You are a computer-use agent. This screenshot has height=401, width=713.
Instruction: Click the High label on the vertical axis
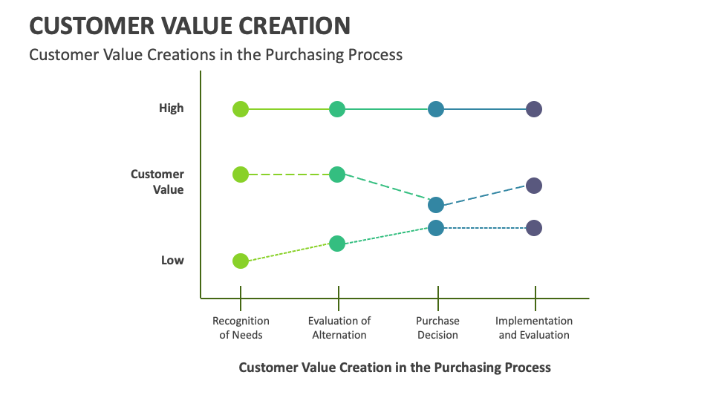(x=171, y=108)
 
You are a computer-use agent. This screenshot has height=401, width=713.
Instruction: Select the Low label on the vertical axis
(x=172, y=261)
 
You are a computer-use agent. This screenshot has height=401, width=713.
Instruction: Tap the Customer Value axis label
(x=157, y=182)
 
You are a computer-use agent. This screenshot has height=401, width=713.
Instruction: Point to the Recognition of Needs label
(x=241, y=327)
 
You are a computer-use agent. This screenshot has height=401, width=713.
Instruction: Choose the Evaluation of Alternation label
(x=339, y=327)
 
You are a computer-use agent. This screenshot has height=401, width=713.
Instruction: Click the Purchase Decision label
(x=437, y=327)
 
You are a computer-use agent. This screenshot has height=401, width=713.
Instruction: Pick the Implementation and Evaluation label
(x=534, y=327)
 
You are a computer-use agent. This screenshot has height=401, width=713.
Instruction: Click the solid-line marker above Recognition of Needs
(x=240, y=109)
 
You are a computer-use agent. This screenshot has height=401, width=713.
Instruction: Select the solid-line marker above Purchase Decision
(x=436, y=109)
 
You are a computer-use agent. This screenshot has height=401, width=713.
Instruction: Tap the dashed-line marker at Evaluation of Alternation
(x=337, y=175)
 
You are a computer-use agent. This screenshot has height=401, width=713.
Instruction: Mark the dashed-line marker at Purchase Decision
(x=436, y=205)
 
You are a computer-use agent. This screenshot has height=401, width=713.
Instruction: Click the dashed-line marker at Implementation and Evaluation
(x=534, y=186)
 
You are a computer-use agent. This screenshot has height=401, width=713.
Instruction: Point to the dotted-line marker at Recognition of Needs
(x=240, y=261)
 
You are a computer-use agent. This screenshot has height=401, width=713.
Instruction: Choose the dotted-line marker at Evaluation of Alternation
(x=337, y=244)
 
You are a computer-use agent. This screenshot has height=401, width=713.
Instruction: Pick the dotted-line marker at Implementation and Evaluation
(x=534, y=228)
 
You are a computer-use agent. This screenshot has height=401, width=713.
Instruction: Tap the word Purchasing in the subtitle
(x=305, y=54)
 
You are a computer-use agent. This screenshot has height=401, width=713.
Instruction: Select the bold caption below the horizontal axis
(x=394, y=368)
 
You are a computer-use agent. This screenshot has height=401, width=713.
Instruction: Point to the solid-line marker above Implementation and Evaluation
(x=534, y=109)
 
